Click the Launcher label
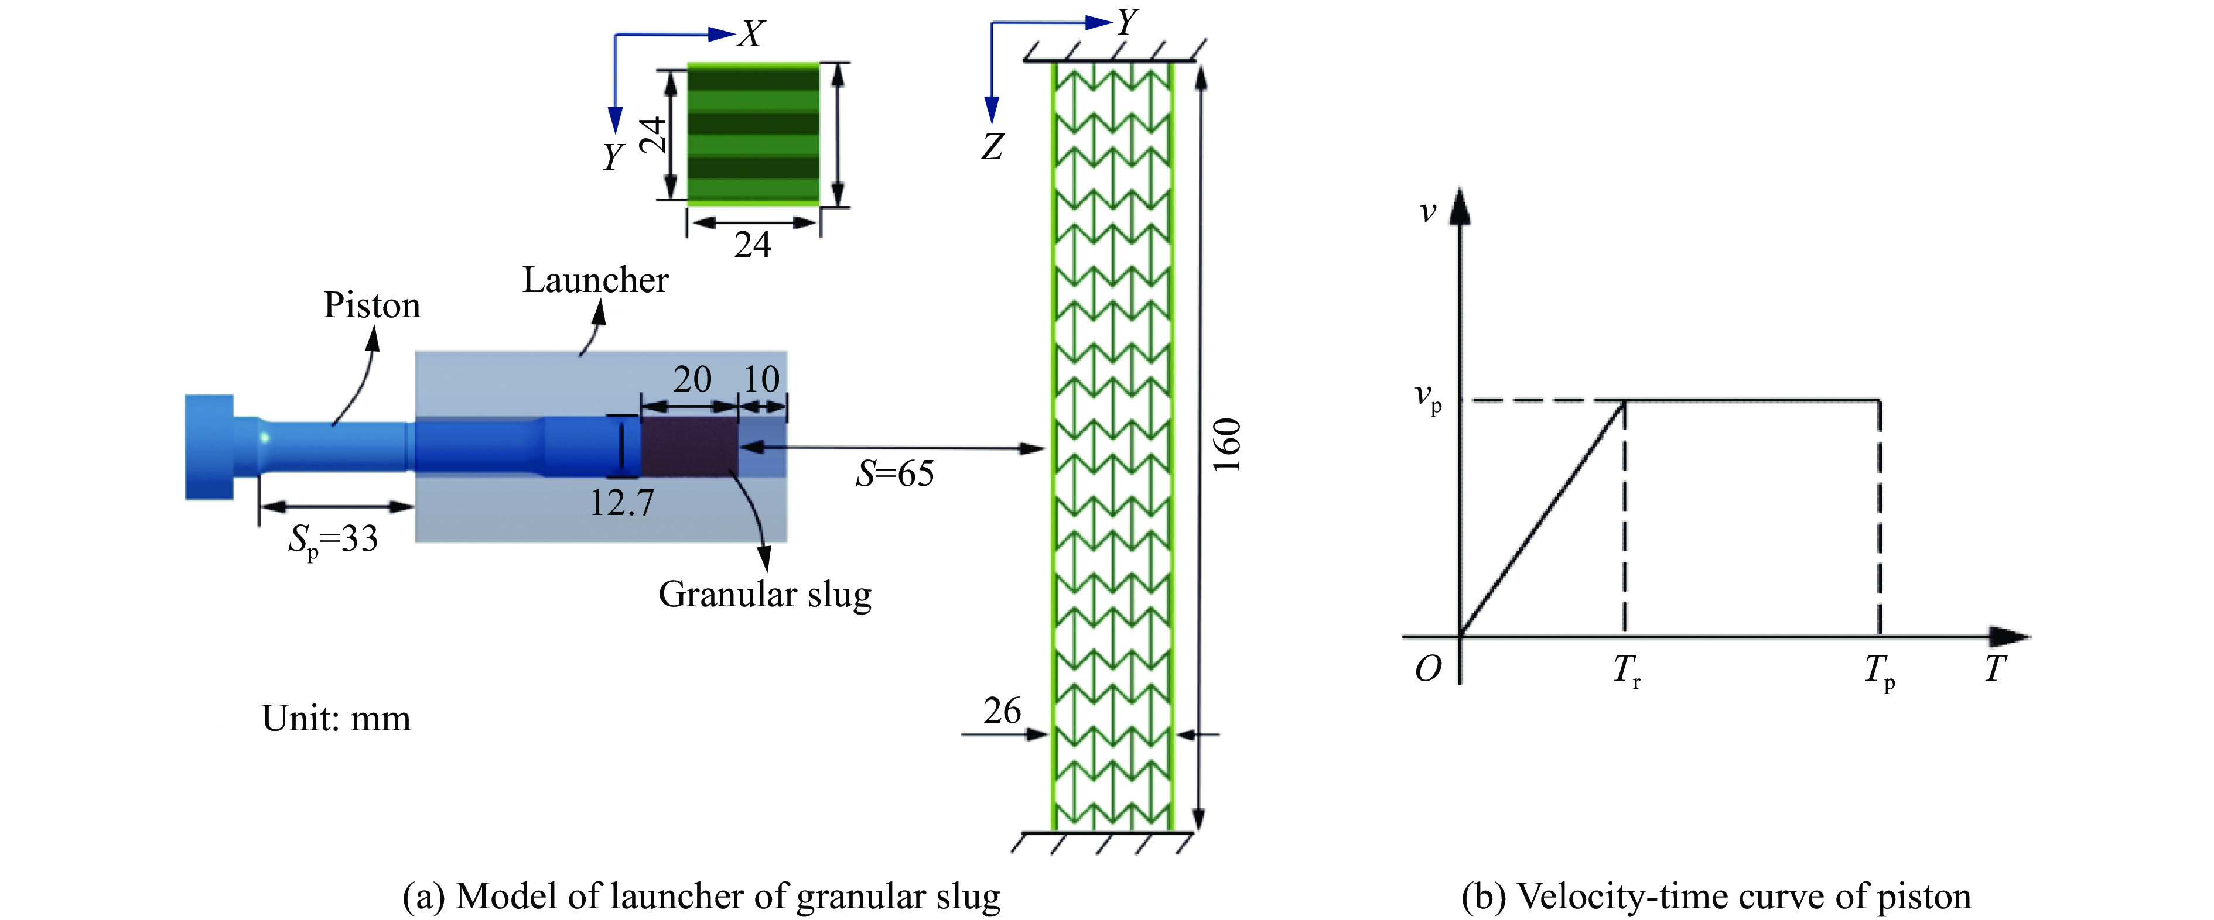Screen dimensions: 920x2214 pyautogui.click(x=594, y=280)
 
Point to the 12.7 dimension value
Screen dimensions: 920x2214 pyautogui.click(x=620, y=503)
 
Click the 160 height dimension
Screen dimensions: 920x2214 pyautogui.click(x=1227, y=445)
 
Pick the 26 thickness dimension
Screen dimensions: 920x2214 pyautogui.click(x=1002, y=711)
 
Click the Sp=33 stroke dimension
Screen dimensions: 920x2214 pyautogui.click(x=333, y=540)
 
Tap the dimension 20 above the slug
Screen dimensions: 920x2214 pyautogui.click(x=692, y=379)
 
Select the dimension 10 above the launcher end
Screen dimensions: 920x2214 pyautogui.click(x=761, y=379)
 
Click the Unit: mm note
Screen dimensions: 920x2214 pyautogui.click(x=336, y=718)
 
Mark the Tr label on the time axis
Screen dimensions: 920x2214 pyautogui.click(x=1626, y=670)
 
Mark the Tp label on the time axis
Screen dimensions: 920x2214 pyautogui.click(x=1879, y=670)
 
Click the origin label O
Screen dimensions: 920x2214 pyautogui.click(x=1427, y=668)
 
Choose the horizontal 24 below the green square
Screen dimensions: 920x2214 pyautogui.click(x=753, y=246)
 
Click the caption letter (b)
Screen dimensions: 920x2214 pyautogui.click(x=1484, y=896)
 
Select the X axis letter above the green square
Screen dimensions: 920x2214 pyautogui.click(x=751, y=35)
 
